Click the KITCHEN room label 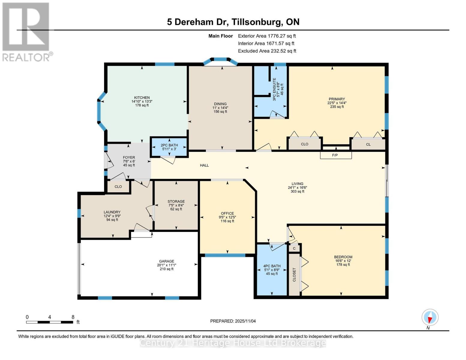coord(142,98)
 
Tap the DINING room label coord(220,104)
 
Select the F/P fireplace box coord(335,155)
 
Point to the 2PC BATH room coord(169,147)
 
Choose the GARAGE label coord(167,261)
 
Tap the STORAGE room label coord(176,202)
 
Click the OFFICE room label coord(227,214)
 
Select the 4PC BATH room coord(272,269)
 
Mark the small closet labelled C coord(294,248)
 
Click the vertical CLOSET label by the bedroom coord(294,274)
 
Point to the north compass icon coord(430,317)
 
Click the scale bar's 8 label coord(73,317)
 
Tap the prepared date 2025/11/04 coord(245,321)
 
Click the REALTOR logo coord(27,31)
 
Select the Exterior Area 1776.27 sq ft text coord(267,36)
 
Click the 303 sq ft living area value coord(297,191)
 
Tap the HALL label coord(204,165)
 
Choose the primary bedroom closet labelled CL coord(368,144)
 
